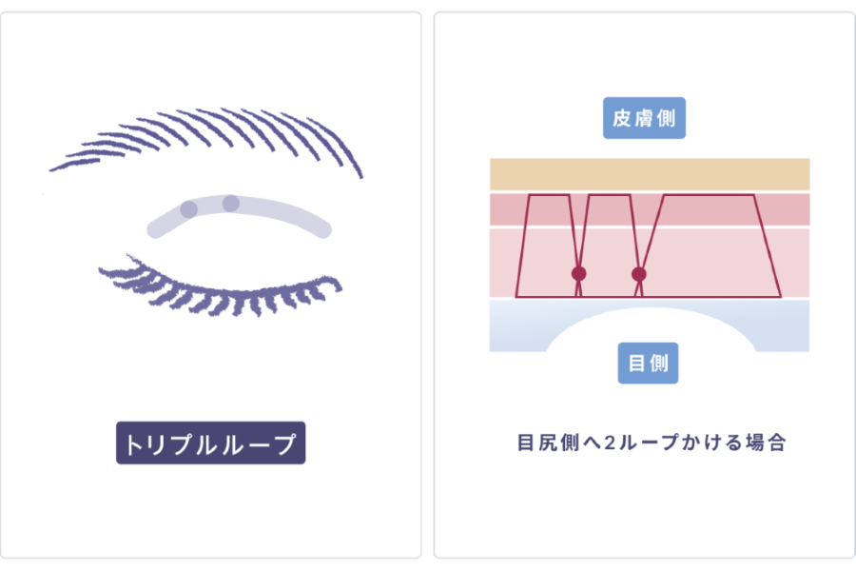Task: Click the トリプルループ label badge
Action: pos(211,443)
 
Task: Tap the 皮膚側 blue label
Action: pos(644,118)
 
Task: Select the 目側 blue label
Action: pos(648,363)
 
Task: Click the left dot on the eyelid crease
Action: pos(189,209)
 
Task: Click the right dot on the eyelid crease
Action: pos(231,204)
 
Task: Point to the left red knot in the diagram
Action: pos(578,273)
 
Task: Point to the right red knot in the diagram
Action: pos(639,274)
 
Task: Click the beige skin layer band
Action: pos(650,174)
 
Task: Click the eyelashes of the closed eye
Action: pos(219,289)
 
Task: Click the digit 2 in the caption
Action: pos(610,443)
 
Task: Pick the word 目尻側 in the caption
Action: pos(548,443)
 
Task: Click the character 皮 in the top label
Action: pos(621,118)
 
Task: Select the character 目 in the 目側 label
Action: pos(636,363)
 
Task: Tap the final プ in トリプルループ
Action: pos(285,443)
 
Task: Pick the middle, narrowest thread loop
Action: pos(609,194)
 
